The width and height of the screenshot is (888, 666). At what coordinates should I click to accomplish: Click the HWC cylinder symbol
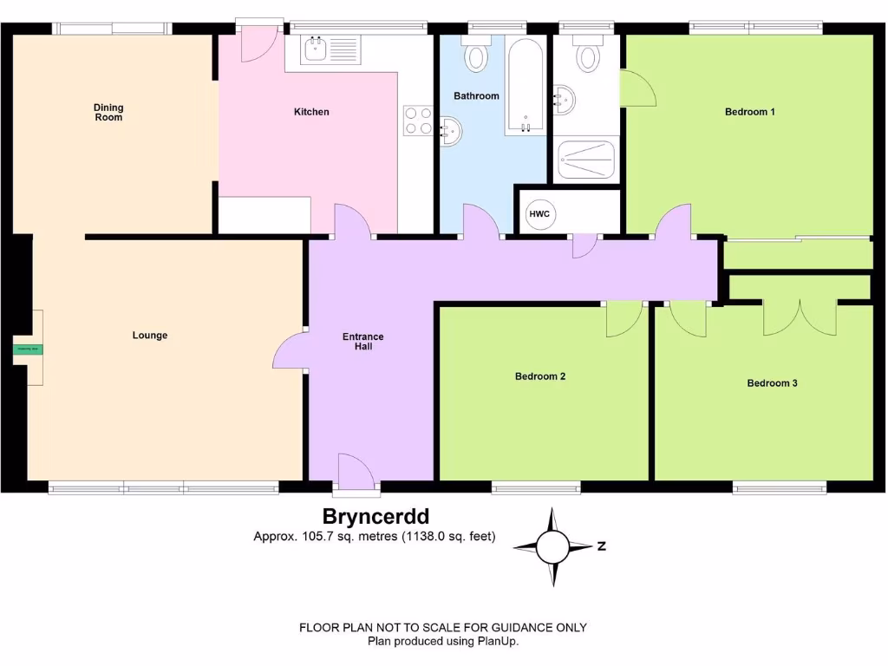click(539, 213)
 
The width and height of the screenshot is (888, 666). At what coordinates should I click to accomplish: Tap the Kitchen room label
click(311, 112)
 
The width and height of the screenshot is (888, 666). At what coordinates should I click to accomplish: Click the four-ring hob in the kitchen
click(418, 120)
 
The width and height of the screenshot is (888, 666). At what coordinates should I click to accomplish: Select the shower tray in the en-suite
click(586, 160)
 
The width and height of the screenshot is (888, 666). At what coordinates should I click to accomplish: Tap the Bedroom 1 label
click(749, 112)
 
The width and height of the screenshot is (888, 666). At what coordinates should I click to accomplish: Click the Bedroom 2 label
click(540, 376)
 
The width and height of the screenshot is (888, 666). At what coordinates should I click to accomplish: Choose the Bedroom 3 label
click(772, 383)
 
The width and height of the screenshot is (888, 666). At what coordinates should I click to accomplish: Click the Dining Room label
click(108, 112)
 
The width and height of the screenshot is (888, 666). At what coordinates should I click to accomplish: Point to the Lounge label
click(150, 336)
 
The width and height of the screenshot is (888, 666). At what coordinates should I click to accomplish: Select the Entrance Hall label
click(362, 342)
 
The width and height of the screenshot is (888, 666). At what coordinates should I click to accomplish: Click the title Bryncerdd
click(375, 518)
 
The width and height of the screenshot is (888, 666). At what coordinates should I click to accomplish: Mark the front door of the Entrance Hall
click(356, 475)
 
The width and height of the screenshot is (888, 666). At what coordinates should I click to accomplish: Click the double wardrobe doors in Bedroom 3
click(799, 317)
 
